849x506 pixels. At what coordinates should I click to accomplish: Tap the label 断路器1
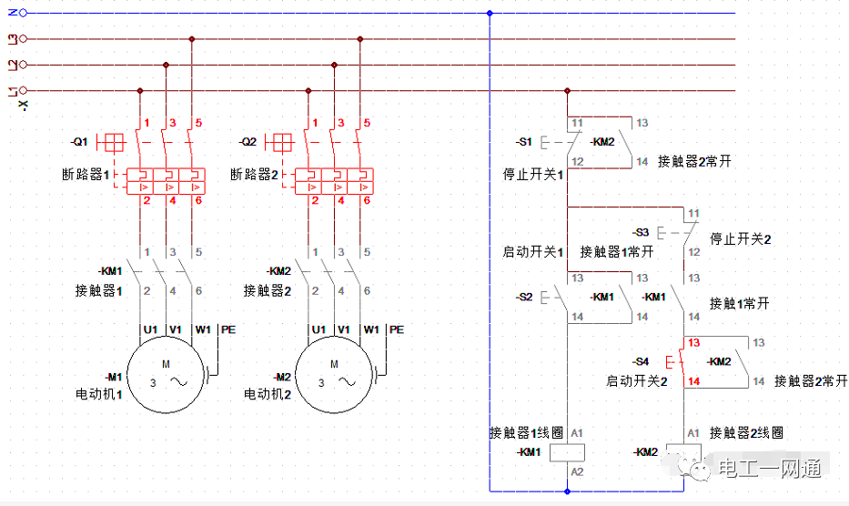point(86,175)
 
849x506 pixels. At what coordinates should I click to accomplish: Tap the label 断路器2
point(255,175)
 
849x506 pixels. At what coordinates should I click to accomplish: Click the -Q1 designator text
point(79,142)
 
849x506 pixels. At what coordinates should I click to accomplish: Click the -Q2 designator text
point(248,142)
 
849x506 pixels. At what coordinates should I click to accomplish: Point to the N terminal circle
point(23,13)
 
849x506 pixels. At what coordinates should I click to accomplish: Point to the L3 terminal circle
point(23,39)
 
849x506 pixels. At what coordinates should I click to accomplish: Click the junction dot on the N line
point(490,13)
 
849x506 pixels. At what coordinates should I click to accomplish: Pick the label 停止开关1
point(533,175)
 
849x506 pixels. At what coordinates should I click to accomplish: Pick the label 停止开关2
point(741,239)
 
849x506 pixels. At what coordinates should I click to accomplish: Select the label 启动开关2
point(637,381)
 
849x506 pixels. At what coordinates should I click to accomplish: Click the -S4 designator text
point(641,362)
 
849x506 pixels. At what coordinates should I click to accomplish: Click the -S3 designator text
point(641,232)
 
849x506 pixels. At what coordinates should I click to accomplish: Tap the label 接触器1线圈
point(526,433)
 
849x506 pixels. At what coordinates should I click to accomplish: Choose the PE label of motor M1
point(228,329)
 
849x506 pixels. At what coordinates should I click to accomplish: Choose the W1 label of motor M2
point(371,329)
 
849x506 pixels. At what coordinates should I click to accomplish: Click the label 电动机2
point(268,394)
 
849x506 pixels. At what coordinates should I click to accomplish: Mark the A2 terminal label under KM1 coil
point(577,471)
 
